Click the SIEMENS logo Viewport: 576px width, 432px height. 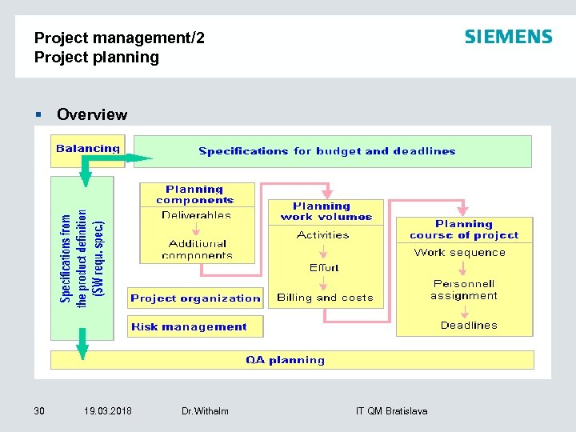pos(508,37)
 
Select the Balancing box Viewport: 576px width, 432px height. pos(88,148)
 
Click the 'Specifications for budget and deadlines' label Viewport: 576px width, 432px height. pos(326,150)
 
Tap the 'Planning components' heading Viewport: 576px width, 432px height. pos(195,194)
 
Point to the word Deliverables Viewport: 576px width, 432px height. pos(196,214)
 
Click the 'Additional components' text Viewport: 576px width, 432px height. pos(197,249)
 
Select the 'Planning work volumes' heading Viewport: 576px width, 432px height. pos(326,211)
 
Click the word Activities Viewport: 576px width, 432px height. pos(322,235)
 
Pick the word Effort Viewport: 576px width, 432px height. pos(324,267)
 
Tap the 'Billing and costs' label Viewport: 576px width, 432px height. pos(325,298)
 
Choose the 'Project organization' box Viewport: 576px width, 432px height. pos(195,298)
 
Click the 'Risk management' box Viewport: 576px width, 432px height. pos(189,326)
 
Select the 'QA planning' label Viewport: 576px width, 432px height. pos(285,360)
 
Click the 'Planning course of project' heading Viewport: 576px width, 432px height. pos(464,230)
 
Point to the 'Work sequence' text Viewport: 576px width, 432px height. pos(460,253)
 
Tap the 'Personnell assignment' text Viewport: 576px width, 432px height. pos(464,290)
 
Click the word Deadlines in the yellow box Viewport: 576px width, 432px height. pos(469,326)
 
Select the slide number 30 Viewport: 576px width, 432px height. pos(39,411)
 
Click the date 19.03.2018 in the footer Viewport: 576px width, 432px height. pos(108,411)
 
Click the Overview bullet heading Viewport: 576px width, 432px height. pos(92,114)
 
